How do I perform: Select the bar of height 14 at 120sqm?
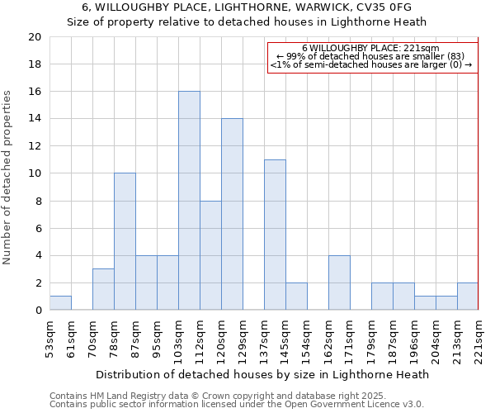[x=232, y=214]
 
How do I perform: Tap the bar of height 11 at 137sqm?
[x=275, y=235]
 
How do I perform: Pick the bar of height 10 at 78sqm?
[x=125, y=241]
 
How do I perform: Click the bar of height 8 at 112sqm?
[x=210, y=255]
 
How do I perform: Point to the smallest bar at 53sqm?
[x=60, y=303]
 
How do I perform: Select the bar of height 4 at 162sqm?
[x=339, y=282]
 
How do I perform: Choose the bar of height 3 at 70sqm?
[x=103, y=289]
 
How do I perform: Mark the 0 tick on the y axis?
[x=37, y=311]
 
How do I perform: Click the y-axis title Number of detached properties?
[x=8, y=178]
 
